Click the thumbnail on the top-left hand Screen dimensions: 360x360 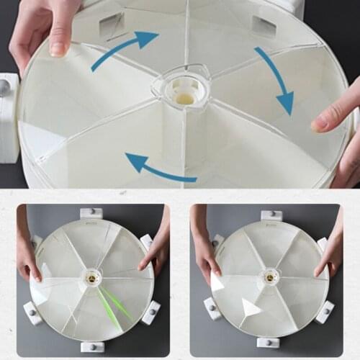coord(58,48)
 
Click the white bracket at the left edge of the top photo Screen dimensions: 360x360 coord(9,115)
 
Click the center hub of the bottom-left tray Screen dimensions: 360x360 coord(91,276)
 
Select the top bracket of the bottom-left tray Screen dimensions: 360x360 coord(91,213)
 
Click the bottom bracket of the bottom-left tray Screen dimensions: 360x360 coord(92,346)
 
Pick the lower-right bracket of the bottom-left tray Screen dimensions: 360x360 coord(151,312)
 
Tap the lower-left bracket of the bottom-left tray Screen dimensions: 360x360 coord(33,312)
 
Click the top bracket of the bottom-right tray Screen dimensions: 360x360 coord(271,215)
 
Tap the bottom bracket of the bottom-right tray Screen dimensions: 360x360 coord(268,341)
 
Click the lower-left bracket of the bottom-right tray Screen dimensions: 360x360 coord(212,308)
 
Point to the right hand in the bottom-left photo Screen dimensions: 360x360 coord(154,248)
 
